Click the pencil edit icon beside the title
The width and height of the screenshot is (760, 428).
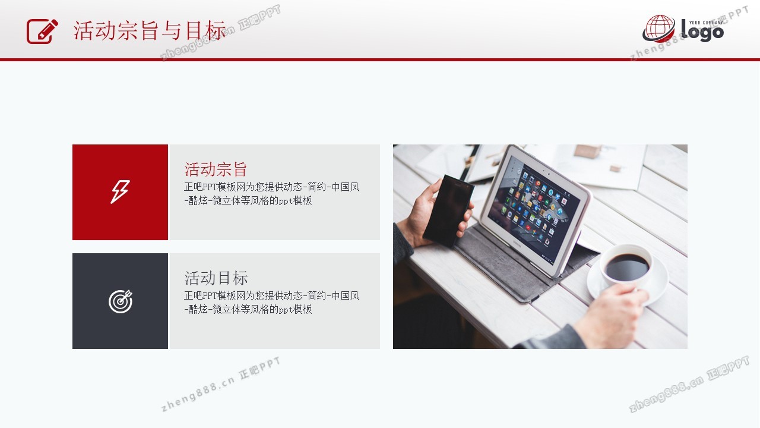42,32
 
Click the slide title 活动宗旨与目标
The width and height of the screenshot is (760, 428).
150,31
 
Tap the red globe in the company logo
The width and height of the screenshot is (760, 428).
660,28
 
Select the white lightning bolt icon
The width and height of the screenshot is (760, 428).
120,192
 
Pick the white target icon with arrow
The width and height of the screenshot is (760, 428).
121,301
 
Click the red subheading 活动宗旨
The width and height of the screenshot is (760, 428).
216,169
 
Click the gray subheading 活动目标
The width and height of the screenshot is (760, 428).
216,278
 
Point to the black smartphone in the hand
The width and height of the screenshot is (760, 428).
448,210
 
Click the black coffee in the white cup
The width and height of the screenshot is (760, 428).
627,267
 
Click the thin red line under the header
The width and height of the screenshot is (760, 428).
380,60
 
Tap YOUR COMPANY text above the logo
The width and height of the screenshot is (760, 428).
706,23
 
